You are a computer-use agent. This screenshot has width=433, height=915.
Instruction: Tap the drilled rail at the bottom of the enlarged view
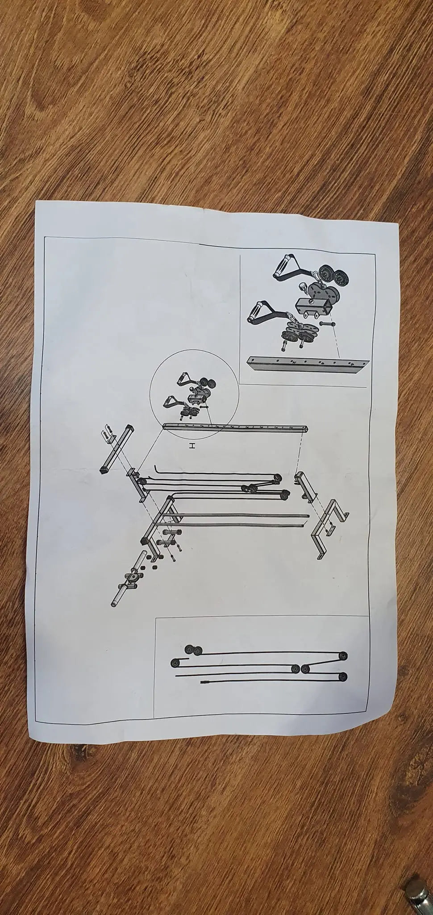click(x=308, y=364)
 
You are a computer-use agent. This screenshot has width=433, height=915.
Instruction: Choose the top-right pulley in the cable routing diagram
click(x=343, y=655)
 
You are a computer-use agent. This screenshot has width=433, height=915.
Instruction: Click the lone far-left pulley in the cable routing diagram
click(x=175, y=663)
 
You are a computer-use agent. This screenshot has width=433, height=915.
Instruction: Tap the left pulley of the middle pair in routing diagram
click(x=295, y=669)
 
